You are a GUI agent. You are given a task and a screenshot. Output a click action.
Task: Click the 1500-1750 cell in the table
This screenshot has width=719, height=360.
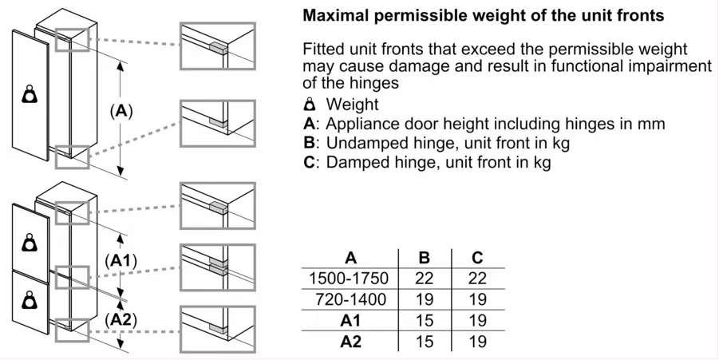point(349,279)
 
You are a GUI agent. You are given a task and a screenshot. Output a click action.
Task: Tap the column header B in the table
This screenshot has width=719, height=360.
point(424,258)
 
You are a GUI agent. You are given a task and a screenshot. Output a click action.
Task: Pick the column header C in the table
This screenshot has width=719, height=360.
point(477,258)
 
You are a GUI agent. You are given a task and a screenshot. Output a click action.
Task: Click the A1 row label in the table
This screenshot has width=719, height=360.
point(350,321)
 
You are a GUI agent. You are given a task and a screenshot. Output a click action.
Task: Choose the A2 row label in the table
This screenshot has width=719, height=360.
point(350,342)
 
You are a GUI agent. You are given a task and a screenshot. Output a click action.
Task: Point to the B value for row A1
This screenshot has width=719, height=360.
point(424,321)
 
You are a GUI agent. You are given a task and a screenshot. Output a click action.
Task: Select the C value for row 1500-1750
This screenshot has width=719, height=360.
point(477,279)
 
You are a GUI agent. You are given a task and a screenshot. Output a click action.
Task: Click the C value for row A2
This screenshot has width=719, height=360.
point(477,342)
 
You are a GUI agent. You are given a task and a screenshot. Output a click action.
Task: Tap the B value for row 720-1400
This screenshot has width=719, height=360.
point(424,299)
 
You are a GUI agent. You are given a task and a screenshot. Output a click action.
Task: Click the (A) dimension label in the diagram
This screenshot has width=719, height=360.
point(120,111)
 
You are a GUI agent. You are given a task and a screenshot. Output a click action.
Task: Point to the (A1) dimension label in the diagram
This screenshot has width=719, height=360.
point(121,260)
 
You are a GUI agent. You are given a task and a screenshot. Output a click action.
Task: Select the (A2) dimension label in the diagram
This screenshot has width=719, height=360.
point(121,319)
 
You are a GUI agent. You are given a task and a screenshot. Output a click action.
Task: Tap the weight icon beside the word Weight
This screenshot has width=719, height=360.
point(310,105)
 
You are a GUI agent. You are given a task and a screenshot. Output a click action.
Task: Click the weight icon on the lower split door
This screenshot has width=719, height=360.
point(30,299)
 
